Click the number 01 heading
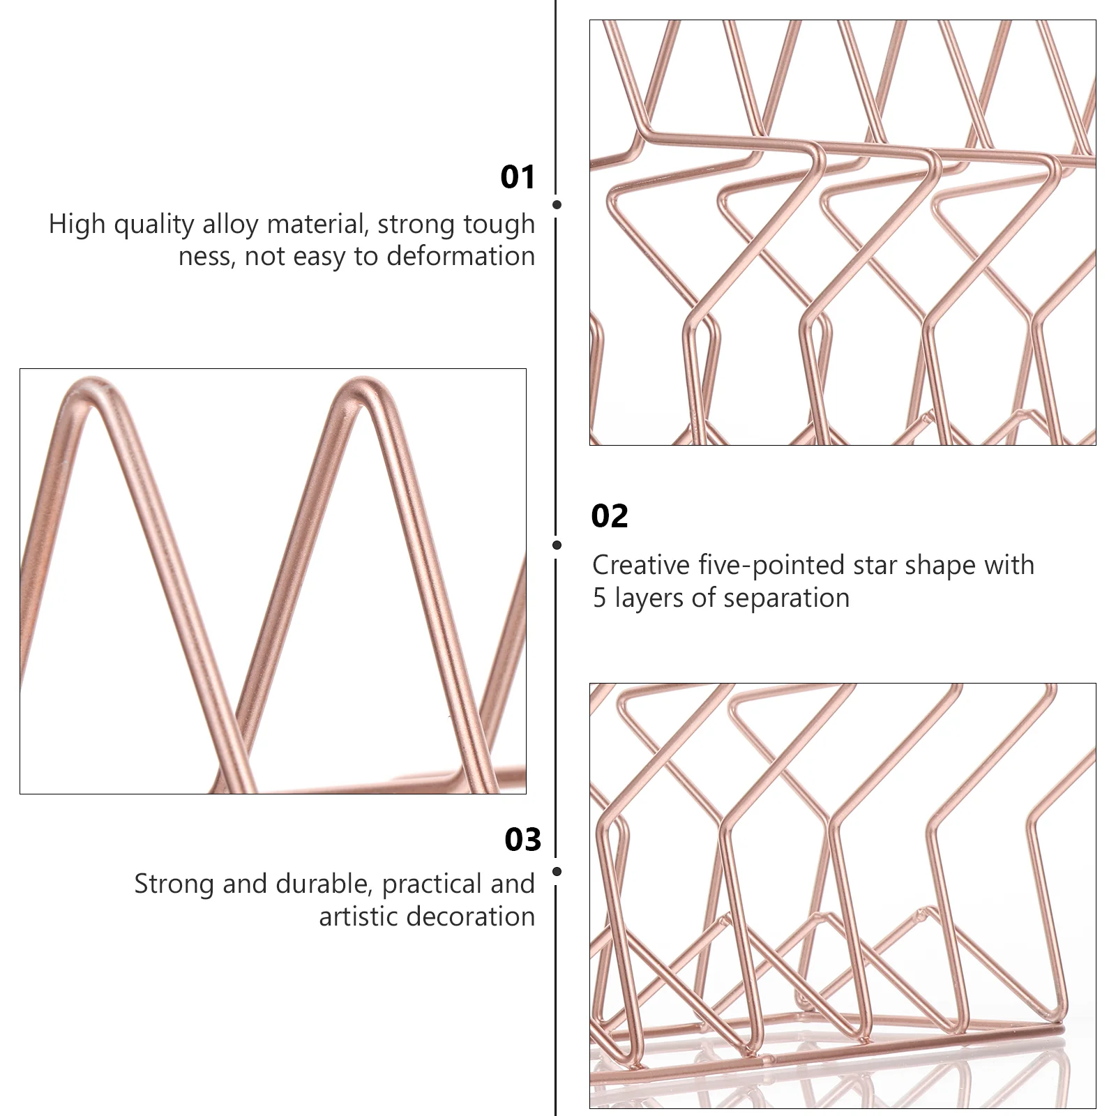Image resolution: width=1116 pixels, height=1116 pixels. (x=518, y=177)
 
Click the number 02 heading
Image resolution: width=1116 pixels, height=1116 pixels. (x=609, y=516)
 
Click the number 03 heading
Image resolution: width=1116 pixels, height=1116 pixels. (x=522, y=840)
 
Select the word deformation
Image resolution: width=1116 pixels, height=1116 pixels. (x=460, y=257)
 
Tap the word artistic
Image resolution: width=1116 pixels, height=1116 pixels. (x=359, y=917)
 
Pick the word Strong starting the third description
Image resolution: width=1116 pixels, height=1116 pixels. (x=174, y=884)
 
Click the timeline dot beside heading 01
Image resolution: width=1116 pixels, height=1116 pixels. (x=557, y=204)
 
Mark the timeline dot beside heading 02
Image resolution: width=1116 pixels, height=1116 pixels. (x=557, y=545)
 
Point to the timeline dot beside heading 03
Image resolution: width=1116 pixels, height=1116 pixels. (x=557, y=872)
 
